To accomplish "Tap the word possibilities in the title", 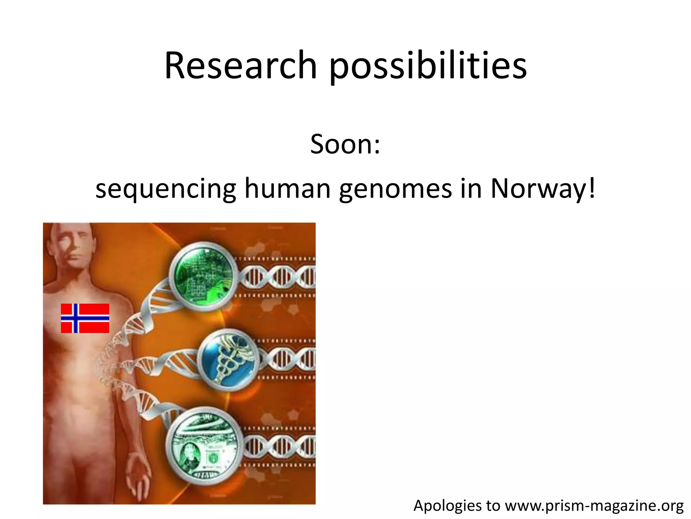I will (x=428, y=66).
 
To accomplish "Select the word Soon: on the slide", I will (x=345, y=144).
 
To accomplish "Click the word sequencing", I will (x=166, y=189).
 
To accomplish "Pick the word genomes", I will (x=395, y=189).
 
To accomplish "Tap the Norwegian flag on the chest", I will (x=85, y=318).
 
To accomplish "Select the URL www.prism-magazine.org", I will (x=594, y=506).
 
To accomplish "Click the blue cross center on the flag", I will (x=76, y=318).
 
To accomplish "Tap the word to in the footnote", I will (x=493, y=506).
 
